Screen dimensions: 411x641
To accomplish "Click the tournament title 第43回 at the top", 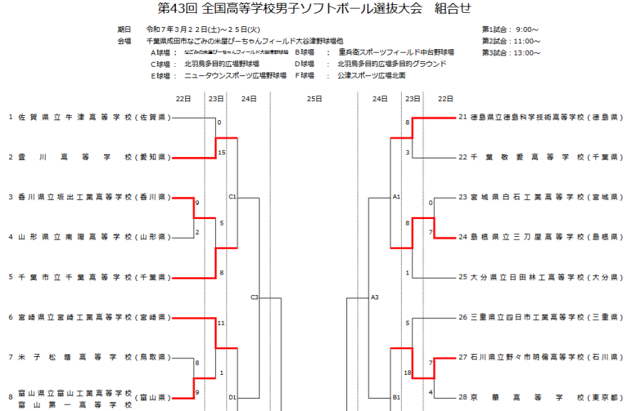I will click(178, 9).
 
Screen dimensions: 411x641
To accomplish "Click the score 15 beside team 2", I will click(222, 152).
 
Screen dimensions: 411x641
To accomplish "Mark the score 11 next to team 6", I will click(222, 323).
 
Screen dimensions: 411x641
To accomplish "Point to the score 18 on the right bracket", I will click(407, 373).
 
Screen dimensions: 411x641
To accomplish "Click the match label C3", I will click(254, 297).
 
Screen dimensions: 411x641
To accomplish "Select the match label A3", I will click(375, 297).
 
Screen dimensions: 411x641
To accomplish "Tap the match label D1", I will click(233, 397).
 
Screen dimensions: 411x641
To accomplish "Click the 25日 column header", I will click(314, 99).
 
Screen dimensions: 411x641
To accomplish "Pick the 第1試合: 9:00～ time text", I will click(511, 30).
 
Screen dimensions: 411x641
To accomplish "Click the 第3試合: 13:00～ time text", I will click(511, 53).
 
